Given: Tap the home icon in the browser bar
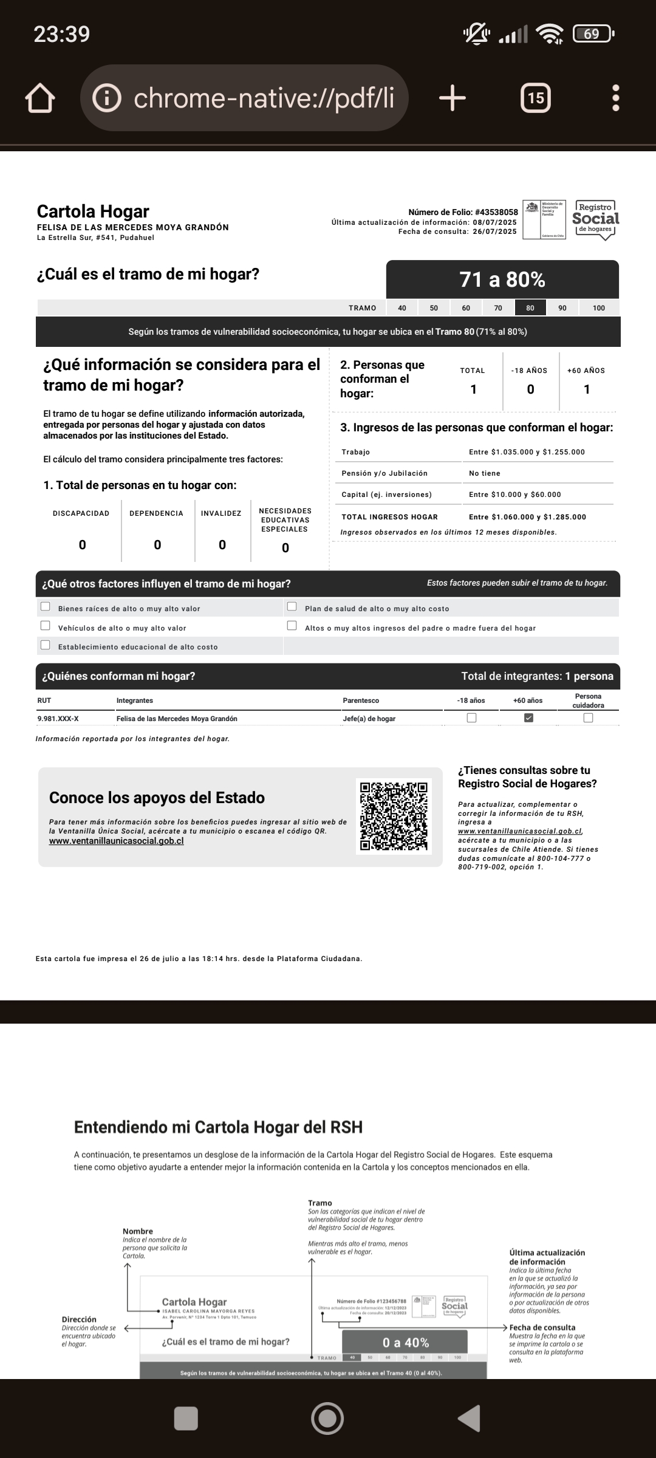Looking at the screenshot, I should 40,98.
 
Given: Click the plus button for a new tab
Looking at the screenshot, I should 452,98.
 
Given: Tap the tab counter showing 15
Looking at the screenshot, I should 536,98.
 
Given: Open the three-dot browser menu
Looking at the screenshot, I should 615,98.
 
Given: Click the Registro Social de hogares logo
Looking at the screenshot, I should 595,219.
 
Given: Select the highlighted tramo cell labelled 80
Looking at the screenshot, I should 530,308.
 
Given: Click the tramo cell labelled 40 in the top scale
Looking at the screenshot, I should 402,308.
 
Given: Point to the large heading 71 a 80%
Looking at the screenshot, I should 502,279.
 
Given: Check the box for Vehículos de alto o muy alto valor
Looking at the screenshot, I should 46,625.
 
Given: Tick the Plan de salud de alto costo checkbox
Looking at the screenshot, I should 292,606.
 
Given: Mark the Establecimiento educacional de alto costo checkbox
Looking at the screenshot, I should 46,645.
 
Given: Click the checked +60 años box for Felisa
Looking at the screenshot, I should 528,717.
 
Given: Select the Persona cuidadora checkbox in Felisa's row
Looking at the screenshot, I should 588,717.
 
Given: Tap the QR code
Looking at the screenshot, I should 394,816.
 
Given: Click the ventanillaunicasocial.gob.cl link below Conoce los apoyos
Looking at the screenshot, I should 116,841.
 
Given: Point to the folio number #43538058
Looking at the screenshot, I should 496,212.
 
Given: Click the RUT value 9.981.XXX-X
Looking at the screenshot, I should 58,719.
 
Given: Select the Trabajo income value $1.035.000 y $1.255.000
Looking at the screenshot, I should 527,452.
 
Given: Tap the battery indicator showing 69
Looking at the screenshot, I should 592,34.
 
